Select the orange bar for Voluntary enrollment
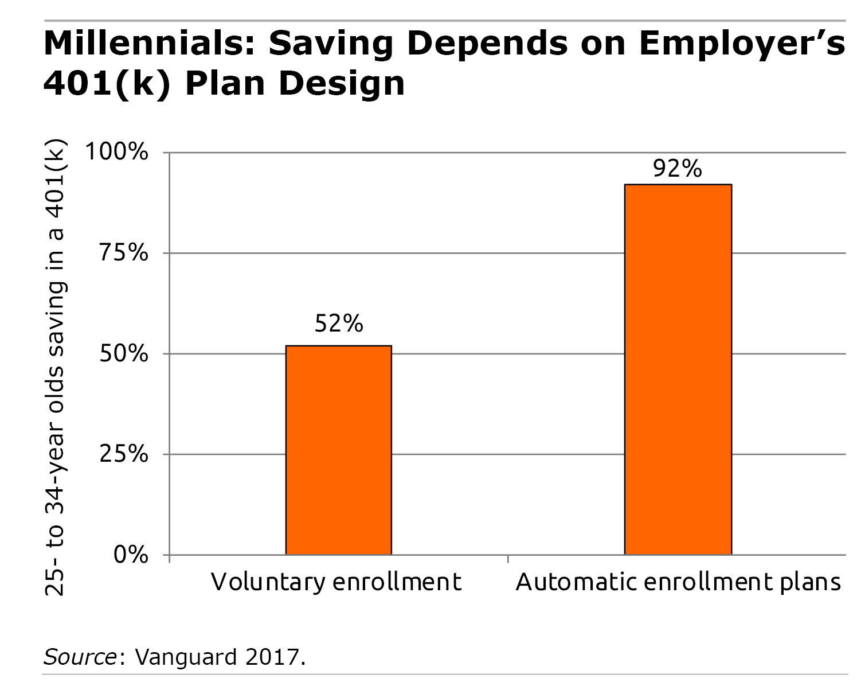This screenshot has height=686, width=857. pyautogui.click(x=338, y=450)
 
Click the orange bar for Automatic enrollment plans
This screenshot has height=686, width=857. pyautogui.click(x=678, y=369)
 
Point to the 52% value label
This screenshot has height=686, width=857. pyautogui.click(x=339, y=324)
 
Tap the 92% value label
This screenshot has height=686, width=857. pyautogui.click(x=678, y=169)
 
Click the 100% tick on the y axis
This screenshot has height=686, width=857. pyautogui.click(x=116, y=153)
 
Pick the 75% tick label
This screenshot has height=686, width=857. pyautogui.click(x=124, y=253)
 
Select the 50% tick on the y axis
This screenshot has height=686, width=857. pyautogui.click(x=124, y=354)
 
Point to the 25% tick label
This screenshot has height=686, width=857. pyautogui.click(x=124, y=454)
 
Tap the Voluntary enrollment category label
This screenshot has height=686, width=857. pyautogui.click(x=336, y=582)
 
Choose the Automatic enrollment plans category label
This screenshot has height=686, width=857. pyautogui.click(x=678, y=582)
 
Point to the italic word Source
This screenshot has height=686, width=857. pyautogui.click(x=80, y=656)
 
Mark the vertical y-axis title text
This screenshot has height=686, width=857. pyautogui.click(x=56, y=367)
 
